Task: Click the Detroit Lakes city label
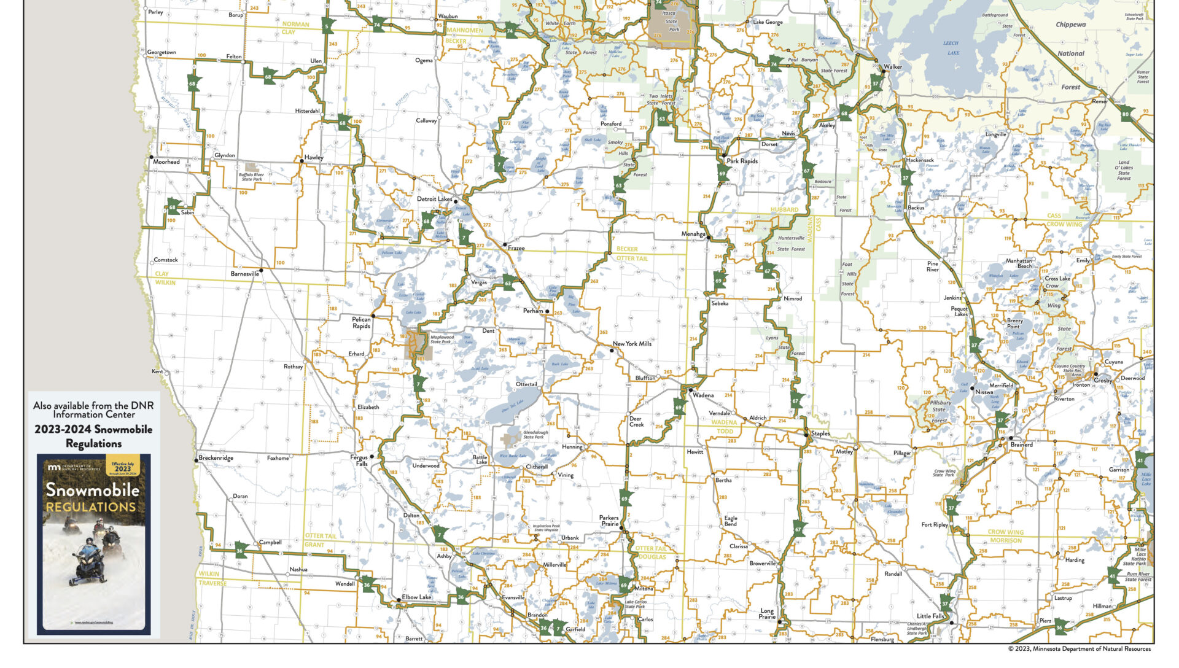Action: click(x=434, y=199)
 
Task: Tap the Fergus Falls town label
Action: click(x=359, y=460)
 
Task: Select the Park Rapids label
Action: click(x=742, y=161)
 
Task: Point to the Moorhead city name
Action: click(x=166, y=162)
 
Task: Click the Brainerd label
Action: click(x=1021, y=445)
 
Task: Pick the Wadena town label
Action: click(x=703, y=395)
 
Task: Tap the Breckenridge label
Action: click(x=216, y=458)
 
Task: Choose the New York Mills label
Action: click(x=632, y=344)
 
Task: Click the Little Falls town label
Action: click(x=930, y=616)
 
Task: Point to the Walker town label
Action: click(x=893, y=67)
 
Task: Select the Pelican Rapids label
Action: click(x=361, y=323)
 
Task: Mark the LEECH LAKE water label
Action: click(x=951, y=48)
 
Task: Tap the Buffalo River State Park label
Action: click(x=251, y=177)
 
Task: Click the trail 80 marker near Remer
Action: click(x=1125, y=114)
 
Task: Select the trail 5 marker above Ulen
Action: click(x=327, y=27)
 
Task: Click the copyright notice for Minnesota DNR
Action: click(x=1079, y=648)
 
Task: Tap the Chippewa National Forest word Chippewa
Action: click(x=1070, y=25)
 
